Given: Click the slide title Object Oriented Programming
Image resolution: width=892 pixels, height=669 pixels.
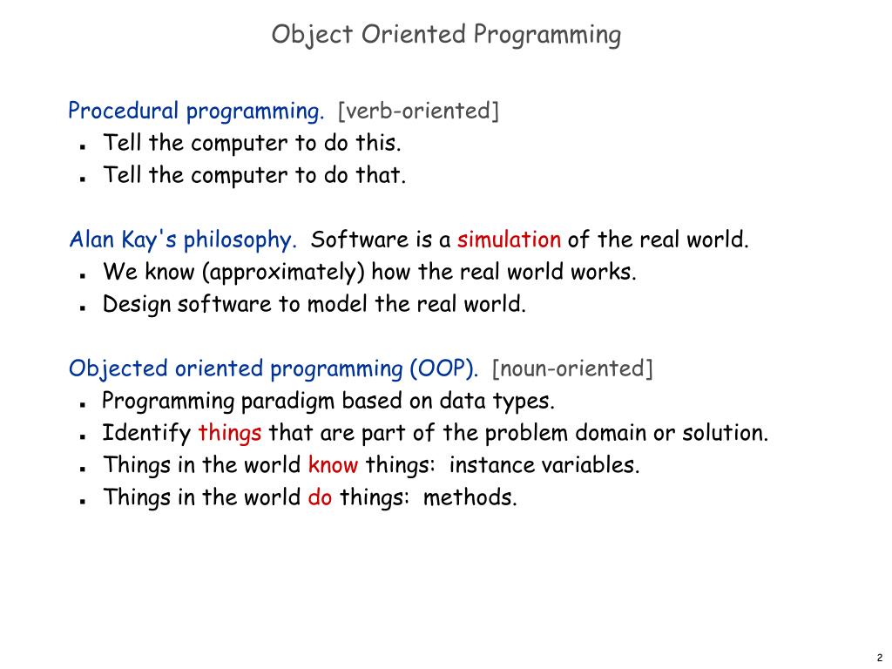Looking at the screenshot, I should tap(446, 35).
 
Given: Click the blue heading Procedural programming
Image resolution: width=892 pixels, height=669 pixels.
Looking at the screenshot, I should tap(196, 111).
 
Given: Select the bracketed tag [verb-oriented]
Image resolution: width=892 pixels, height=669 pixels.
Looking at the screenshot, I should tap(418, 111).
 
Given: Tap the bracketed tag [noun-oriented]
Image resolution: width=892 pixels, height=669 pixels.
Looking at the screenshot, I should tap(571, 368).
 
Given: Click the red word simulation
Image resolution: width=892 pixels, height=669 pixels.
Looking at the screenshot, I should tap(509, 240).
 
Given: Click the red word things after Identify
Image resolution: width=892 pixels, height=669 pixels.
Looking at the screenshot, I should tap(230, 433).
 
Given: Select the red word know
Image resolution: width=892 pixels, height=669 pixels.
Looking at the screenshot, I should tap(333, 465).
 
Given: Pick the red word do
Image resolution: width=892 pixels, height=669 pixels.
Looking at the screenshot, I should tap(320, 497).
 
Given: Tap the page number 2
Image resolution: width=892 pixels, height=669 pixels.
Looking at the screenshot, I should tap(880, 658).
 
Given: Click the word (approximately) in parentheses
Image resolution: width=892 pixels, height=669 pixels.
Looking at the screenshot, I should tap(283, 273).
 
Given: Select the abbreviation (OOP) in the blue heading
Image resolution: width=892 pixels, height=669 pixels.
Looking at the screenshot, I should tap(443, 368).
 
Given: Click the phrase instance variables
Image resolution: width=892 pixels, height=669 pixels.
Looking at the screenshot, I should tap(544, 465).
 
